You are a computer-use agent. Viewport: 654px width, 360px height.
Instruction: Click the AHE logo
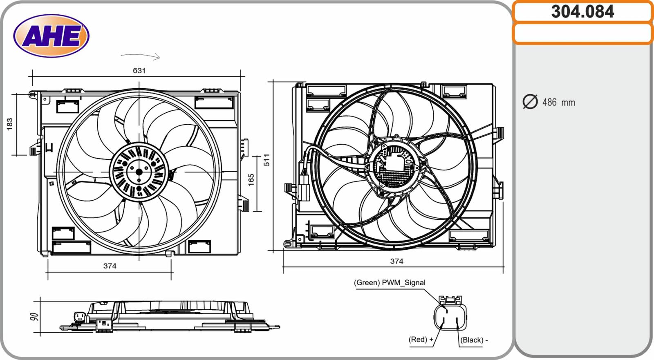click(51, 36)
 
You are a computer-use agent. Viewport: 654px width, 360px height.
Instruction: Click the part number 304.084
click(582, 11)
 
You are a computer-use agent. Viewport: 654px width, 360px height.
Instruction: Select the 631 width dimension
click(139, 71)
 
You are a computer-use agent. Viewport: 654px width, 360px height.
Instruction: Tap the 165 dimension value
click(251, 180)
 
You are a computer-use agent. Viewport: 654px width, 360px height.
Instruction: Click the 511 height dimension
click(267, 160)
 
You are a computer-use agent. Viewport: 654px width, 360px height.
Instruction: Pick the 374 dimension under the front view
click(110, 266)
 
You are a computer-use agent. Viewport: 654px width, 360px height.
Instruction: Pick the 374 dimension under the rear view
click(396, 261)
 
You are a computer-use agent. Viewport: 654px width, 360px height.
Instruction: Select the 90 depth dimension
click(34, 317)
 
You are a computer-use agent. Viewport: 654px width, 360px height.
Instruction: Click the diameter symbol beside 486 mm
click(530, 102)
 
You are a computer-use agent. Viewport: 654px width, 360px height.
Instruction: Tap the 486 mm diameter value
click(558, 103)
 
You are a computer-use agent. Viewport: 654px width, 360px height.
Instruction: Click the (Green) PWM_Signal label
click(389, 283)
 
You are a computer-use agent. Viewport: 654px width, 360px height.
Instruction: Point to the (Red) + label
click(421, 340)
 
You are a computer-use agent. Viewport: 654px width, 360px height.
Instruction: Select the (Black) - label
click(474, 340)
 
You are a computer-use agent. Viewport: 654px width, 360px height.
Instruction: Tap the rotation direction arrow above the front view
click(141, 56)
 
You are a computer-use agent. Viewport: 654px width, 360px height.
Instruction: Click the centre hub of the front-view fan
click(139, 172)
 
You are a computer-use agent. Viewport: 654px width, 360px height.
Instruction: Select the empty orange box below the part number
click(582, 34)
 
